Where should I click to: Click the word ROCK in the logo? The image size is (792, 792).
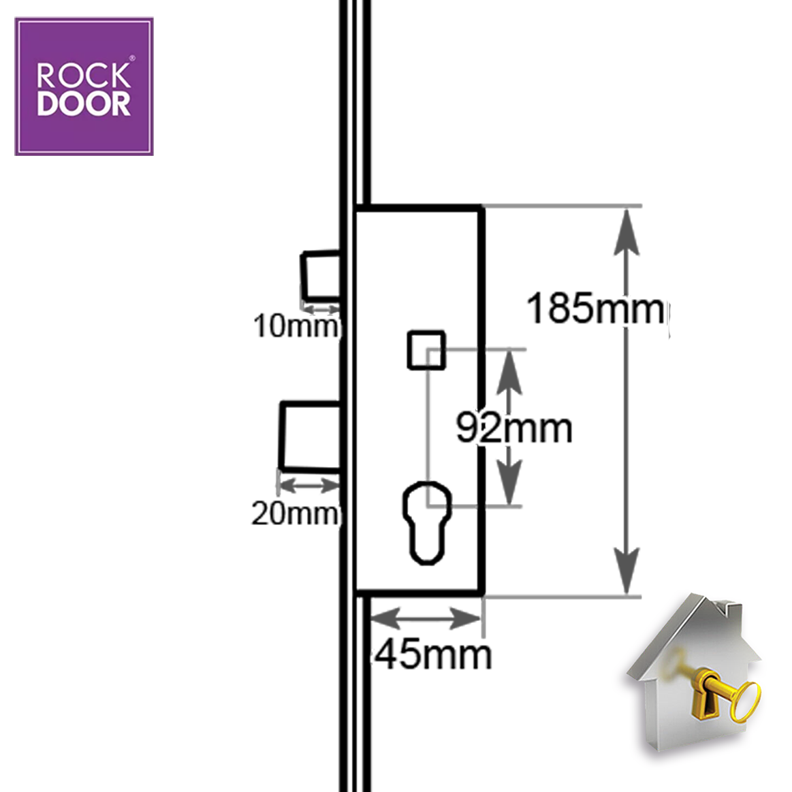tap(83, 76)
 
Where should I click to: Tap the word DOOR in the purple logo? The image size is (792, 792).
tap(83, 104)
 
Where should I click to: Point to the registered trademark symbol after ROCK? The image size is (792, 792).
tap(132, 60)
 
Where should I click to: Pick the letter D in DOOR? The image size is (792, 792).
tap(48, 104)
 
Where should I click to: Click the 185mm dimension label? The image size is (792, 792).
tap(595, 308)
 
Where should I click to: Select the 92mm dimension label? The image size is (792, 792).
tap(514, 428)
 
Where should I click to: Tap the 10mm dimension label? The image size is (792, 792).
tap(296, 326)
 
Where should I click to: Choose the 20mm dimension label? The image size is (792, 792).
tap(295, 513)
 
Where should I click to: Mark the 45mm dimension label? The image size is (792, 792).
tap(433, 654)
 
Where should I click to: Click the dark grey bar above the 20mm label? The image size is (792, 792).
tap(310, 486)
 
